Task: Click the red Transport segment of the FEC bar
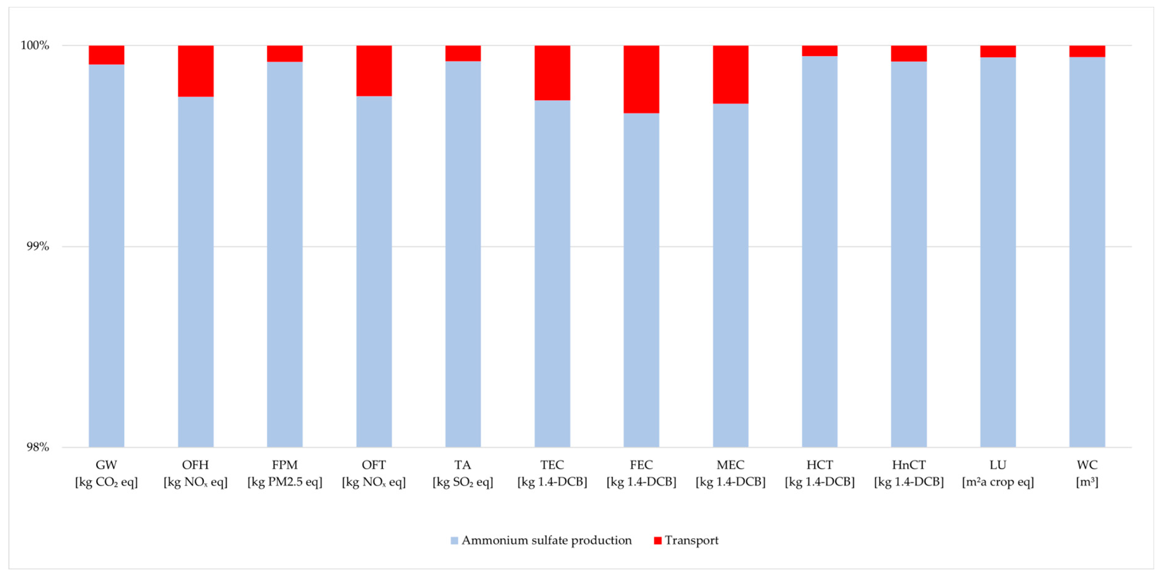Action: click(641, 79)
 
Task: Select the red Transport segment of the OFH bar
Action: click(195, 71)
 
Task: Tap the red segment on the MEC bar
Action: click(730, 74)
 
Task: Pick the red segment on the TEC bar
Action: click(552, 73)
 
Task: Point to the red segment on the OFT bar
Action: click(374, 70)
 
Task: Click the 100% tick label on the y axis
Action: click(35, 45)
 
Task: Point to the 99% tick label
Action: click(37, 246)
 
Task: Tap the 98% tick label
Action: click(37, 447)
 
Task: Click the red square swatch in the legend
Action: click(658, 541)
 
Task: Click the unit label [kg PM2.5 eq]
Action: click(285, 482)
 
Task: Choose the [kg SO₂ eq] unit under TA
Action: click(463, 482)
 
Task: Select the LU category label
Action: click(998, 465)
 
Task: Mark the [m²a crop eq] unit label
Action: click(998, 482)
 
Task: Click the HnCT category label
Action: click(909, 465)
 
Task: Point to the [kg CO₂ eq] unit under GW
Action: click(106, 482)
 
